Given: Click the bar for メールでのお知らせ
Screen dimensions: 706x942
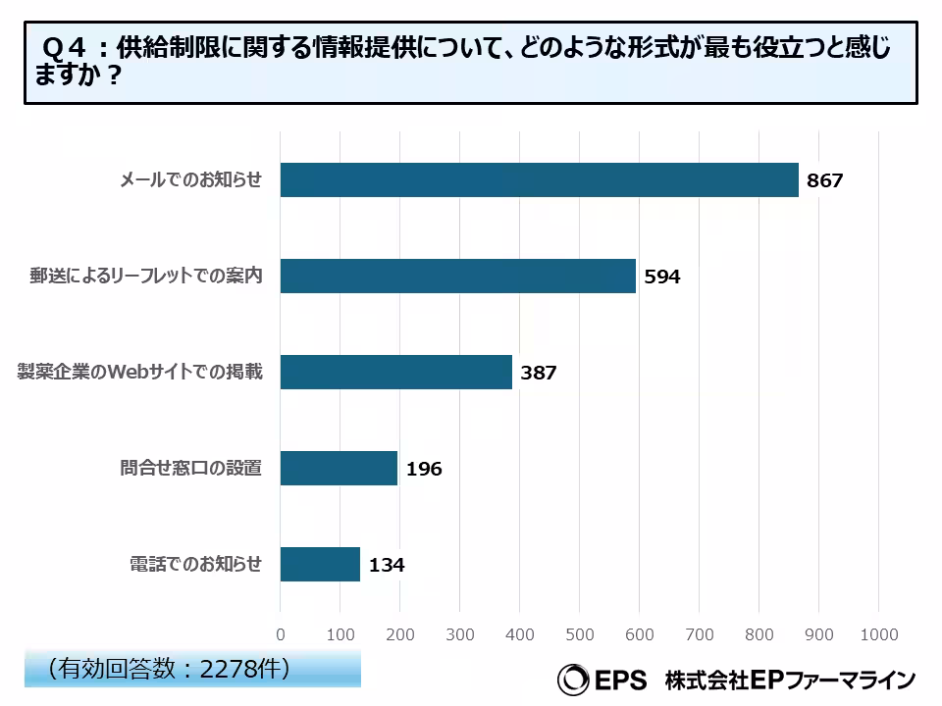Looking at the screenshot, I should coord(539,180).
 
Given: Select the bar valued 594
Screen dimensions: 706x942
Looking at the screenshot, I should coord(457,277).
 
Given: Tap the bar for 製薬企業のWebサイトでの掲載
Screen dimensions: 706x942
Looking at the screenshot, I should coord(395,373).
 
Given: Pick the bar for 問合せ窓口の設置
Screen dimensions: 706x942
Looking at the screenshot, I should coord(339,469).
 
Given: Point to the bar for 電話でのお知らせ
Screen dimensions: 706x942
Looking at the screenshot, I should coord(320,565).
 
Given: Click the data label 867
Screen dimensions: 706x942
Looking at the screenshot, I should coord(825,181).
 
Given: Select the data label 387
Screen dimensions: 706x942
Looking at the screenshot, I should coord(539,374).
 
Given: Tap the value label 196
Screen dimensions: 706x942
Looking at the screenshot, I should coord(424,470).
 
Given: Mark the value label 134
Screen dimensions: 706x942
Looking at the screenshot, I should coord(387,566).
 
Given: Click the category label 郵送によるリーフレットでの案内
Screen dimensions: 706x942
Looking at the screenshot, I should coord(146,277).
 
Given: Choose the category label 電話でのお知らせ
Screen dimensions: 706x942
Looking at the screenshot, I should coord(196,565).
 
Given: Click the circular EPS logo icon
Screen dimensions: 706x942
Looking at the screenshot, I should coord(572,679).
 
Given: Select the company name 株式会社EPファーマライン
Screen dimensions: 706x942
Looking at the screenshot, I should coord(790,680).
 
